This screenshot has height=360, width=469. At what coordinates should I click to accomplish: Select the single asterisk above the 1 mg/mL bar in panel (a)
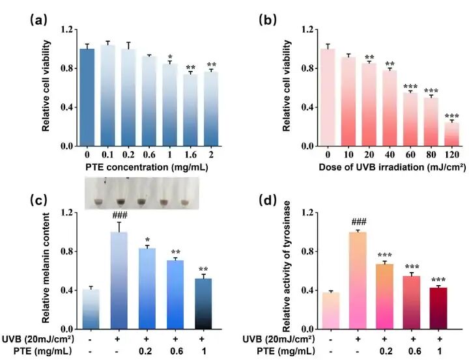click(169, 56)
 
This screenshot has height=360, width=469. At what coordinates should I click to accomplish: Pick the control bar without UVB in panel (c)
click(91, 309)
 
